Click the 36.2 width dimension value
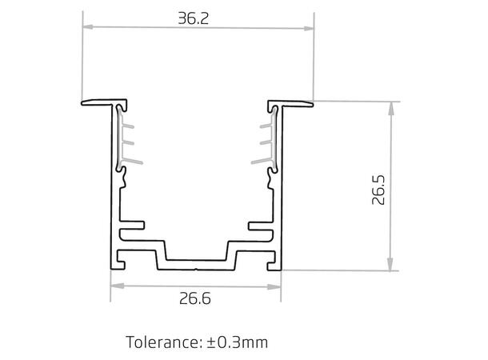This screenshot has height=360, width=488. coord(194,18)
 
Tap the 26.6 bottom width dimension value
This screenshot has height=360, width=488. coord(195,299)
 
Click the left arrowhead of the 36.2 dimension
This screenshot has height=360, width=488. coord(86,29)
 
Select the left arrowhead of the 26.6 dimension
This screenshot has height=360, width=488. coord(114,285)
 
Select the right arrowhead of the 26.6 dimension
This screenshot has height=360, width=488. coord(279,285)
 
